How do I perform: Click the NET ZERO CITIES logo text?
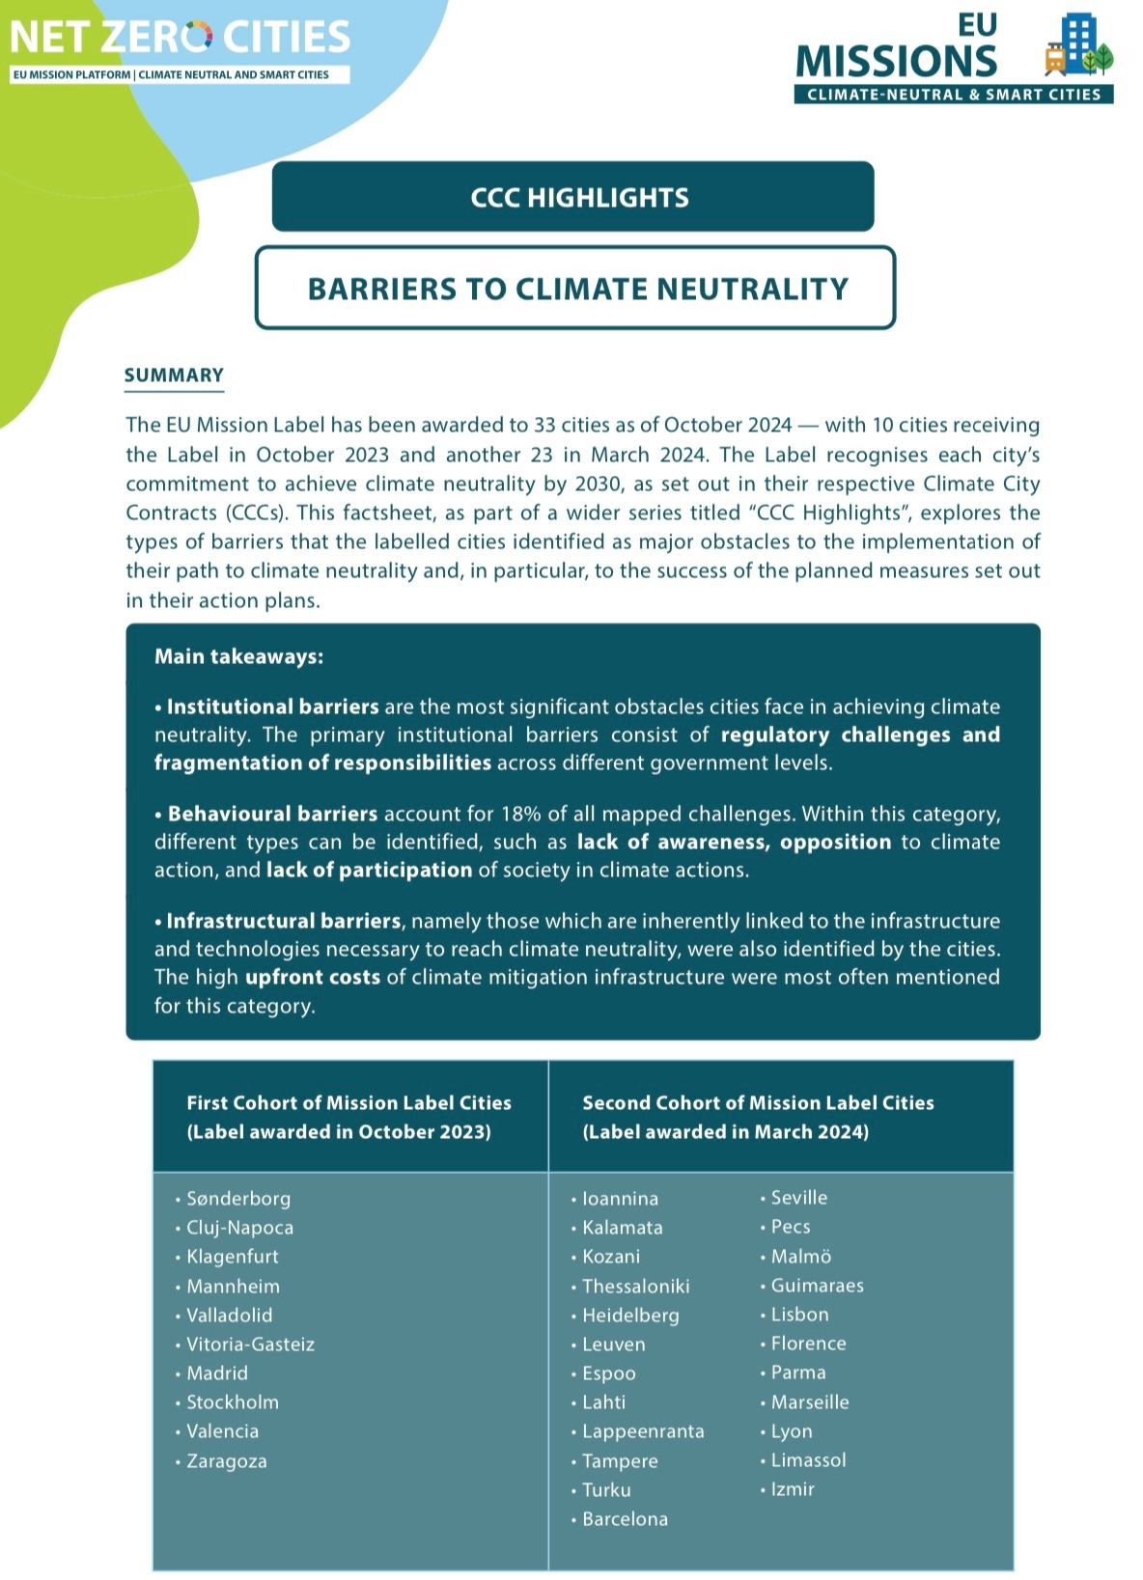coord(180,37)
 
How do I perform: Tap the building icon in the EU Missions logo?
coord(1079,44)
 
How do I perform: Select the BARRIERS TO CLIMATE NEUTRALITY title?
coord(577,289)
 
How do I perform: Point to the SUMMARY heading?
coord(174,375)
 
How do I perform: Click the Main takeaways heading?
coord(238,656)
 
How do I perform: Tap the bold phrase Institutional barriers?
coord(272,707)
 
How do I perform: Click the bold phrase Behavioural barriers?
coord(272,814)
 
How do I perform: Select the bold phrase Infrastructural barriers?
coord(283,921)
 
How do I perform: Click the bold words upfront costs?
coord(312,977)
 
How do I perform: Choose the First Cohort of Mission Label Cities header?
coord(348,1117)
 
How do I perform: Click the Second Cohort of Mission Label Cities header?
coord(758,1117)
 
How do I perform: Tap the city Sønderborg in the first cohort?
coord(237,1199)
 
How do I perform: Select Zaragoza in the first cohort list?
coord(226,1461)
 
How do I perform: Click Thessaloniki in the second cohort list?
coord(635,1287)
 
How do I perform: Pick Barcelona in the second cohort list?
coord(625,1519)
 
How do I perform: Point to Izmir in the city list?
coord(793,1489)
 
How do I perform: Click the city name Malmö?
coord(800,1257)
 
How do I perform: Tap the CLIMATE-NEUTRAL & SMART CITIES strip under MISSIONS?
coord(954,95)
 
